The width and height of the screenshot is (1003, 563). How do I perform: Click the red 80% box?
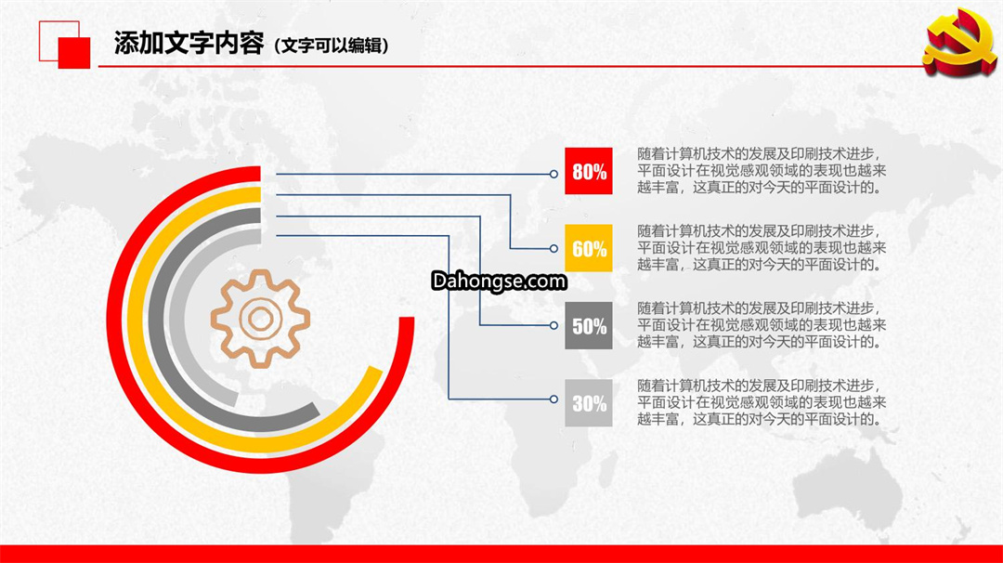(x=589, y=171)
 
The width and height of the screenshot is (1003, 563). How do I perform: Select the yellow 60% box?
(x=589, y=248)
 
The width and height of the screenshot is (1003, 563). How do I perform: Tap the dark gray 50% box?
(x=589, y=326)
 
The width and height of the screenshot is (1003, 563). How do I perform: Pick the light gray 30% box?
(x=589, y=403)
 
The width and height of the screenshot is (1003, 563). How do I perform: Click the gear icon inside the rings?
(x=260, y=319)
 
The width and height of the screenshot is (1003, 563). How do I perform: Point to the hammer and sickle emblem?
(x=959, y=43)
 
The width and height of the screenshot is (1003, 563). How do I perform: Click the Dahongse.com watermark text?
(x=499, y=281)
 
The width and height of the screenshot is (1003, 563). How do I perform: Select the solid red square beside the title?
(x=74, y=52)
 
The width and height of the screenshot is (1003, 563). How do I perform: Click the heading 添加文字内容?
(x=189, y=44)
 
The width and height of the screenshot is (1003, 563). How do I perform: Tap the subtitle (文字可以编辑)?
(x=332, y=46)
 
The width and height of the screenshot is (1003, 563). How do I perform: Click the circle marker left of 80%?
(x=554, y=174)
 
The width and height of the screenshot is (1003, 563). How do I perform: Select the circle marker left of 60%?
(x=554, y=248)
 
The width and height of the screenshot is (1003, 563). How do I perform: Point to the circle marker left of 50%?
(x=554, y=325)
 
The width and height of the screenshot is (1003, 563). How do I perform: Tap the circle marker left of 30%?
(x=554, y=399)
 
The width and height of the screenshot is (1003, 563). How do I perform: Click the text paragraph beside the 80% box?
(x=762, y=171)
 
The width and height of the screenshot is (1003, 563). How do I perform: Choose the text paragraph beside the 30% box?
(x=762, y=402)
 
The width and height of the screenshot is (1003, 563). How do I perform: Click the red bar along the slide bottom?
(x=501, y=554)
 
